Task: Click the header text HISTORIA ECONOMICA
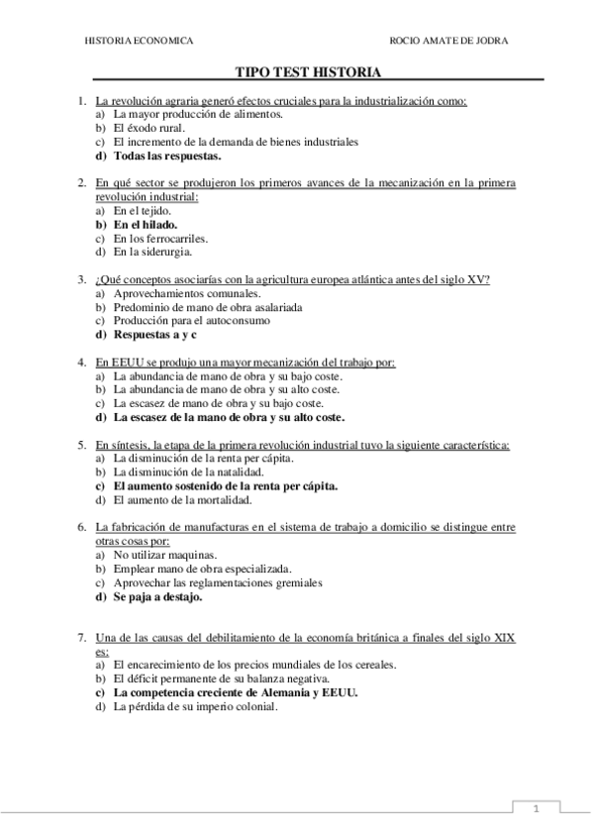pyautogui.click(x=138, y=41)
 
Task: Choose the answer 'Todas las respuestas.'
pyautogui.click(x=167, y=156)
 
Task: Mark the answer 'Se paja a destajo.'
pyautogui.click(x=157, y=597)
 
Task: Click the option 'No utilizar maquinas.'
pyautogui.click(x=164, y=556)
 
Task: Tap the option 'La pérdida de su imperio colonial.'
pyautogui.click(x=196, y=707)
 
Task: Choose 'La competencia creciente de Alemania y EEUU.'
pyautogui.click(x=236, y=693)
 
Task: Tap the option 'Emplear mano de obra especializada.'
pyautogui.click(x=202, y=570)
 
